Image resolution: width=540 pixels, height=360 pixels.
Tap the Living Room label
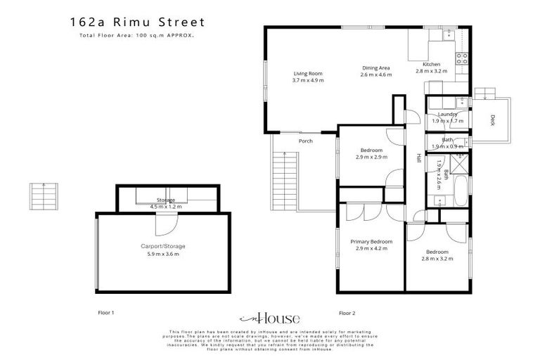(x=307, y=73)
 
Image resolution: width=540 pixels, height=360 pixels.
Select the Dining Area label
(x=375, y=67)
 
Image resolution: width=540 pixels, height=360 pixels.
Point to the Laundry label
(x=448, y=114)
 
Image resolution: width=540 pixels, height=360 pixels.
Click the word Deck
(x=493, y=120)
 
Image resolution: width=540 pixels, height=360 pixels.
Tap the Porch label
(x=305, y=141)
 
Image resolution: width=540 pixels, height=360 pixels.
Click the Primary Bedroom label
(x=371, y=241)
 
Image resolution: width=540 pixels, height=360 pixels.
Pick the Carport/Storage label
(x=162, y=246)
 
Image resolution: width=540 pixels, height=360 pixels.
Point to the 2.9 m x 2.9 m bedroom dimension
(x=371, y=157)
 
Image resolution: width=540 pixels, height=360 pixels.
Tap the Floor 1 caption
(x=105, y=312)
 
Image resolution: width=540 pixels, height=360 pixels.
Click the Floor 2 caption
(x=347, y=312)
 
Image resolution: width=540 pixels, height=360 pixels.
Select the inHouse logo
(x=271, y=317)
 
